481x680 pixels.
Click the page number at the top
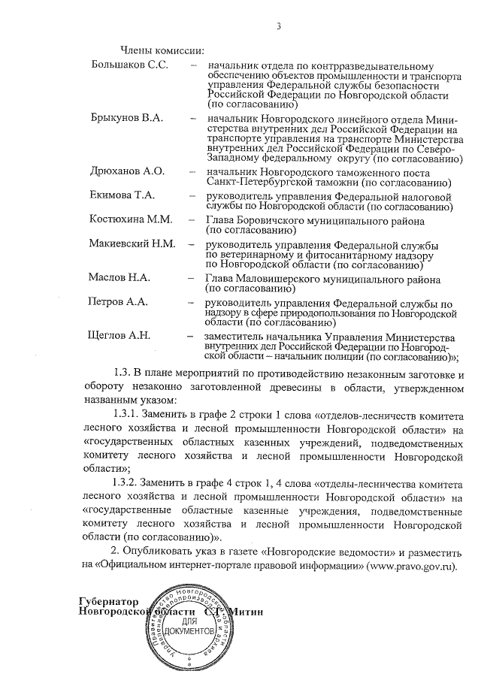click(x=279, y=27)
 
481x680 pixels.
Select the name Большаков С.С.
click(x=126, y=65)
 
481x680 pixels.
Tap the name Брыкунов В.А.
click(x=126, y=119)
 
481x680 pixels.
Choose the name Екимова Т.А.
click(x=123, y=195)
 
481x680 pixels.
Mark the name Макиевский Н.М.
click(x=132, y=244)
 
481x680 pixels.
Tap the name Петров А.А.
click(x=118, y=302)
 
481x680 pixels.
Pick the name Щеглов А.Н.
click(x=120, y=335)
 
